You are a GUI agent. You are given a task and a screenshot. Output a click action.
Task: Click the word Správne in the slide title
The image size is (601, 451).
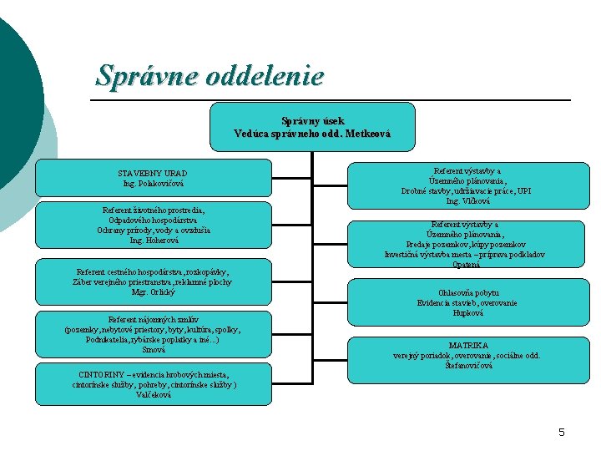click(136, 76)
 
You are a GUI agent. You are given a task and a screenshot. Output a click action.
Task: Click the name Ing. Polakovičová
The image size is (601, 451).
click(152, 182)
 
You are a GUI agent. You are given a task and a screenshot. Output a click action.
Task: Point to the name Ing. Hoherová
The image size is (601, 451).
click(152, 241)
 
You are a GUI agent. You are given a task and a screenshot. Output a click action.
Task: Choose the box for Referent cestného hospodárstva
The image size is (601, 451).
click(152, 281)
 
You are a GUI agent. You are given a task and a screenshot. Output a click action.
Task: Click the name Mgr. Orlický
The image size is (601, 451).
click(152, 292)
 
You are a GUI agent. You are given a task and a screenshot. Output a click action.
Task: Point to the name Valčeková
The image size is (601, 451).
click(153, 395)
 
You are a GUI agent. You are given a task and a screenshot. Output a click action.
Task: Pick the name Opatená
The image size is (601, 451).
click(465, 265)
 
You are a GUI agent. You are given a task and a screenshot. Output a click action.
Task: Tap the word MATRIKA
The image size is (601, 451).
click(467, 345)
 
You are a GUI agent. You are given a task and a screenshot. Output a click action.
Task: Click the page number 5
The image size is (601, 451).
click(562, 432)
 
